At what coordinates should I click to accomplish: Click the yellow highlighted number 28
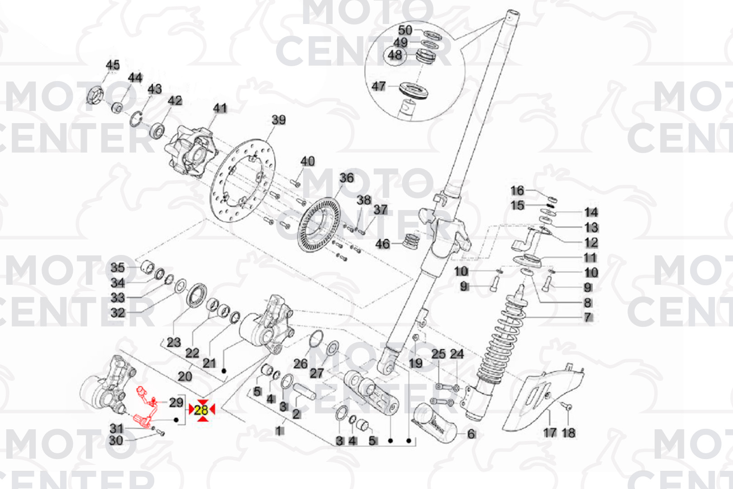[x=201, y=410]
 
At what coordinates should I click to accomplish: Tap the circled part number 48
[x=395, y=55]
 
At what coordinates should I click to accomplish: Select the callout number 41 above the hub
[x=220, y=108]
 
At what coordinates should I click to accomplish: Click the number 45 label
[x=113, y=65]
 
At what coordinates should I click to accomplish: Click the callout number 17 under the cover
[x=549, y=433]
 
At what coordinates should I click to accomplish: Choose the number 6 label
[x=471, y=434]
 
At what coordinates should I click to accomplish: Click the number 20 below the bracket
[x=185, y=376]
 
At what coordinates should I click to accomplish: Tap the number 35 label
[x=118, y=268]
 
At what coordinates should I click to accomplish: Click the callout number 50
[x=405, y=30]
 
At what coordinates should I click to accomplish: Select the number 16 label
[x=517, y=191]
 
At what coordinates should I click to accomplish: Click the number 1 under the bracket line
[x=280, y=431]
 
